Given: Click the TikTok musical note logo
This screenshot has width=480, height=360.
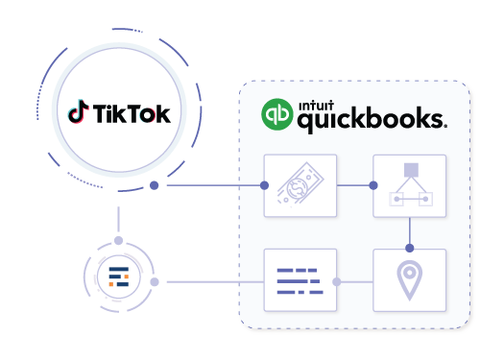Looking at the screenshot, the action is (78, 113).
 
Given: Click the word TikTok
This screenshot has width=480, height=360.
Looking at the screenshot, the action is (132, 114).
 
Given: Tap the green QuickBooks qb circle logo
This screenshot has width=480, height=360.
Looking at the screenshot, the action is (277, 114).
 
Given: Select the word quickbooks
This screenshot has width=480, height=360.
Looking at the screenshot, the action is (371, 120).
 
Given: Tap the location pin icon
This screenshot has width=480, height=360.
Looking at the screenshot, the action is (410, 280).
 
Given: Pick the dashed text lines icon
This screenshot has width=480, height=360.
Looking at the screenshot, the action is (300, 280).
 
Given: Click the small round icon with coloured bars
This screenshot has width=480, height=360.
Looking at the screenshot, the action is (117, 279).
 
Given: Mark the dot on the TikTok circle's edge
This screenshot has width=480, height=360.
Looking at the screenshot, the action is (154, 184).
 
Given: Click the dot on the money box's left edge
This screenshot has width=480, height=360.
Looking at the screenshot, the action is (265, 184).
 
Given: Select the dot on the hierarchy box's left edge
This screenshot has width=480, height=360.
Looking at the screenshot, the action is (373, 184).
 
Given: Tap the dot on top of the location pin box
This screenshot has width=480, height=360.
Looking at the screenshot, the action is (410, 249).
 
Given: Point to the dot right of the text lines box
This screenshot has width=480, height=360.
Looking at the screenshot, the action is (336, 281).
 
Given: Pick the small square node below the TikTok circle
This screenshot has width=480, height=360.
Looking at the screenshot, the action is (118, 240).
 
